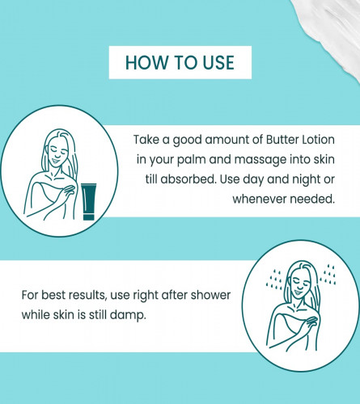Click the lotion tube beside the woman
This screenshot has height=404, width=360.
coord(88,202)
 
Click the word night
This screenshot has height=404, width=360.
coord(305,179)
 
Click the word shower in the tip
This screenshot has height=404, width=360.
coord(210,295)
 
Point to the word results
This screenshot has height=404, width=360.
coord(87,295)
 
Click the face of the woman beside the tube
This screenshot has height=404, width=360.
coord(57,153)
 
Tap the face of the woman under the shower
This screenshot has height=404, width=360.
coord(299,284)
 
